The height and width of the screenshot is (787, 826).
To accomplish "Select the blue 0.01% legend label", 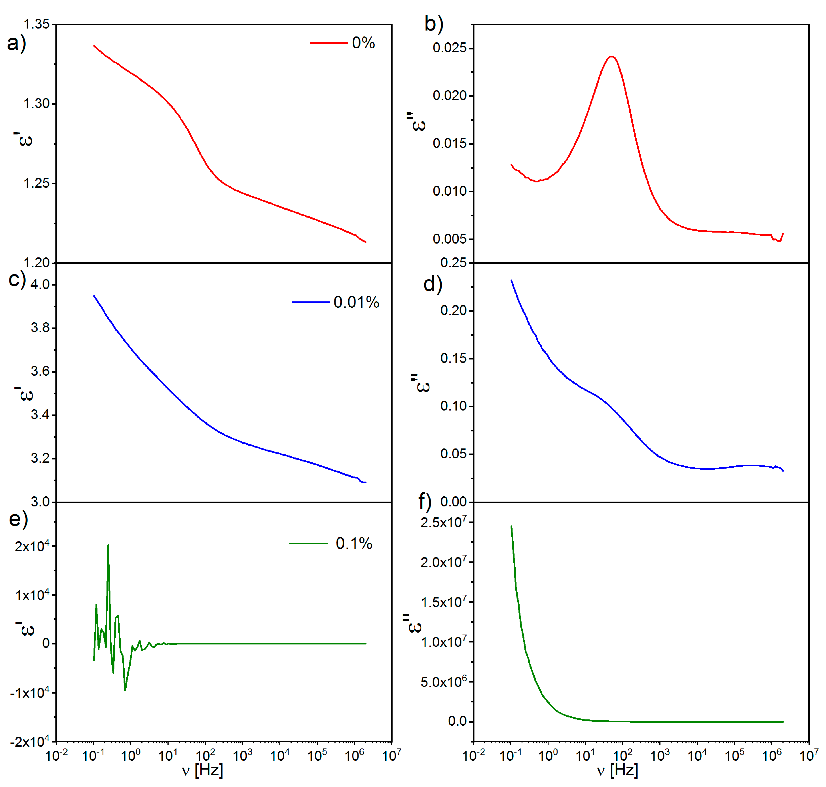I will tap(356, 302).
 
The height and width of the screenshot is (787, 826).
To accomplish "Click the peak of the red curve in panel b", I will tap(611, 57).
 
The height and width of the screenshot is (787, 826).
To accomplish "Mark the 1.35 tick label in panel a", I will tap(36, 24).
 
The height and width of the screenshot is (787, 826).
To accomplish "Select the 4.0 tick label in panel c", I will tap(40, 284).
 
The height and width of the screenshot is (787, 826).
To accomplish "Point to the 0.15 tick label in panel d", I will tap(453, 358).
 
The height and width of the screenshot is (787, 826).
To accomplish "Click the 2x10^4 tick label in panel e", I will tap(32, 546).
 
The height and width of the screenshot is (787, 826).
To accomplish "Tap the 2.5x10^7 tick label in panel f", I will tap(443, 522).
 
